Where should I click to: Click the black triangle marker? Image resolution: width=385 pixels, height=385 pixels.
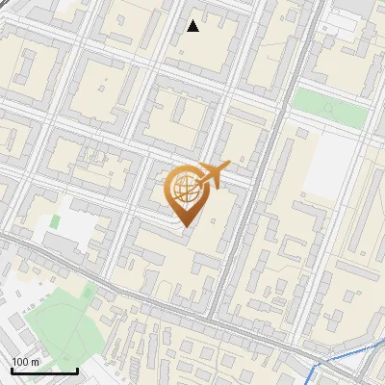coord(193,26)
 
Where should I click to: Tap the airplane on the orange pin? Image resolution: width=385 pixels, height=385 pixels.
coord(214,174)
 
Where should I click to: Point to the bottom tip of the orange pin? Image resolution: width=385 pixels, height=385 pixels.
coord(184,227)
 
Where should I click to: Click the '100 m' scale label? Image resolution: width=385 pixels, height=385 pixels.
coord(26,362)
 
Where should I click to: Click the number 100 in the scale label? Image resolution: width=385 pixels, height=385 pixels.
coord(21,362)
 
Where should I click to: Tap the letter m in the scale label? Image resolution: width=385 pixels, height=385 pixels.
coord(36,362)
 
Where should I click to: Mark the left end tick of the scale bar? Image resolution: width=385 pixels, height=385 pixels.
coord(12,370)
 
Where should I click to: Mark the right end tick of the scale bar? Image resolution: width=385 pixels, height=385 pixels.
coord(77,370)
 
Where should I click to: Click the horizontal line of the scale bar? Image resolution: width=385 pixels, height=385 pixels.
coord(44,372)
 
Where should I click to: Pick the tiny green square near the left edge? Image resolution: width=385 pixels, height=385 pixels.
coord(55,221)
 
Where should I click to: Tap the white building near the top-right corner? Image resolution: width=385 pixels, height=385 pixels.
coord(346,19)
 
